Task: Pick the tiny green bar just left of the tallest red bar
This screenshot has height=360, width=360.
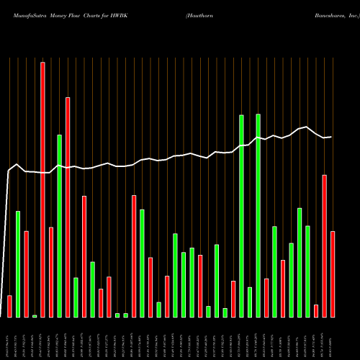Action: (x=35, y=315)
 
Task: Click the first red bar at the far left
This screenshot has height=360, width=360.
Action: (x=9, y=306)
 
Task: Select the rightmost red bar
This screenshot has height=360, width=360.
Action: (x=333, y=274)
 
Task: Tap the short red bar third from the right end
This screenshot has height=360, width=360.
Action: (x=316, y=310)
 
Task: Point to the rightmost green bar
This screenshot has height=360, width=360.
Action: (x=308, y=271)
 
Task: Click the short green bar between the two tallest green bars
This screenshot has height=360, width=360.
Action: (x=250, y=302)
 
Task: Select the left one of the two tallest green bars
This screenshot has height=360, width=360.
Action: (x=241, y=215)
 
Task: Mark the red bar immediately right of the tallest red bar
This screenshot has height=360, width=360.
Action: (x=51, y=271)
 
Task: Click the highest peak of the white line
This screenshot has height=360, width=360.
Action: (x=308, y=127)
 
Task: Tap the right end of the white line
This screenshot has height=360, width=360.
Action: (x=331, y=137)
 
